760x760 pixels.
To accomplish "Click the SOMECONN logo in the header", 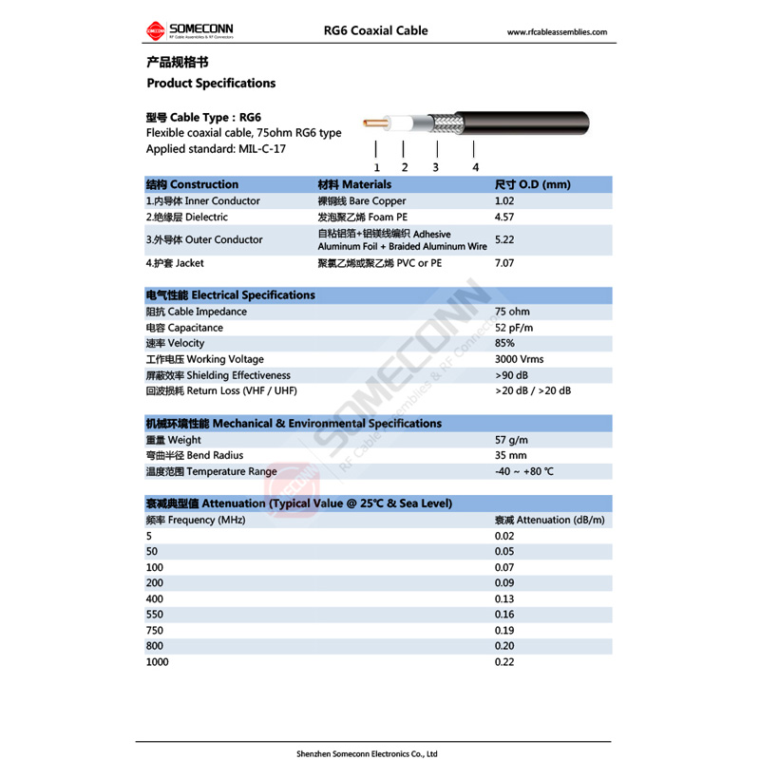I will [x=189, y=31].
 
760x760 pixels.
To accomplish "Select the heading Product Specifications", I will [x=211, y=83].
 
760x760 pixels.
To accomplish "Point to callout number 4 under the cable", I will [x=476, y=167].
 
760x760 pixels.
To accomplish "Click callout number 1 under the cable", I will [x=377, y=167].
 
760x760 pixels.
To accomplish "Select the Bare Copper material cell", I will [x=361, y=201].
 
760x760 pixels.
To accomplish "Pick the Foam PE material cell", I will [x=355, y=218].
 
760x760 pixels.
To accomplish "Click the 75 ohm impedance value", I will [x=512, y=312].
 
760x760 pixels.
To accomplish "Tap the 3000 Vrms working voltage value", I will [x=520, y=359].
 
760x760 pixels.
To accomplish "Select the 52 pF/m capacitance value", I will [x=514, y=328].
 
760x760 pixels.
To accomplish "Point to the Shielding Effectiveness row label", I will [x=218, y=375].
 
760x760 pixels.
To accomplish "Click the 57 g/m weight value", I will [x=511, y=440].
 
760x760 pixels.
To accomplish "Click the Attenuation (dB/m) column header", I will [x=549, y=520].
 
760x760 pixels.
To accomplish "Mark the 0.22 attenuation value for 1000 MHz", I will [x=504, y=662].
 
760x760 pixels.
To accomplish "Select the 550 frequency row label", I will [x=154, y=615].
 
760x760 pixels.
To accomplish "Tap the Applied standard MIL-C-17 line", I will [x=216, y=149].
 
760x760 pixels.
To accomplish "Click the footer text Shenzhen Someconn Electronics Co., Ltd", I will [x=380, y=753].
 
